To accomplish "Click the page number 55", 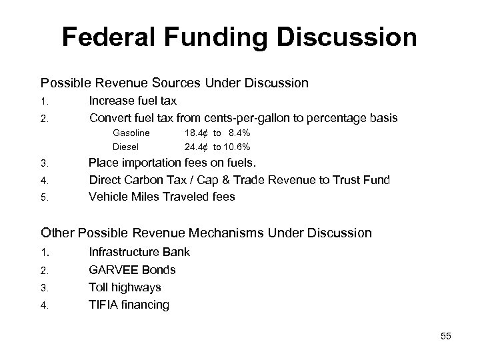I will [x=445, y=337].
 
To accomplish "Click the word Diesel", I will [x=126, y=146].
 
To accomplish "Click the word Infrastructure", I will [x=122, y=253].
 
